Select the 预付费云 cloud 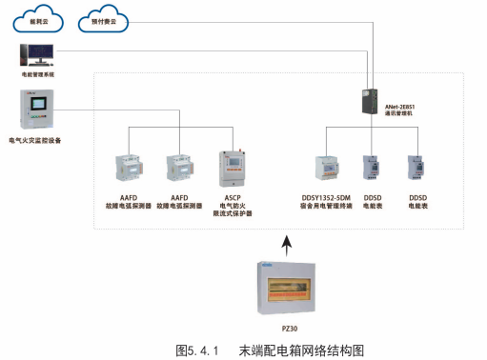pyautogui.click(x=108, y=16)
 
